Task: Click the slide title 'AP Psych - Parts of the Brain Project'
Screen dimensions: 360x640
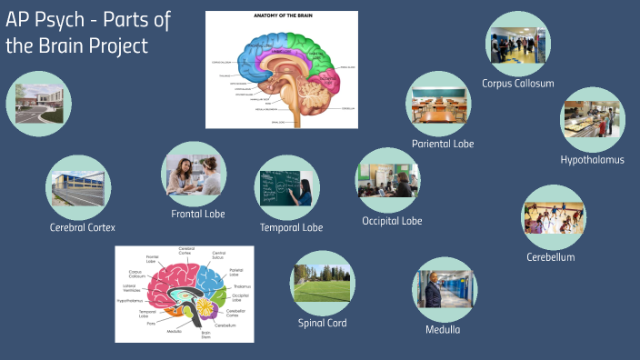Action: (88, 34)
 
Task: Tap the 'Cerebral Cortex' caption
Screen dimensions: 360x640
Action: (83, 227)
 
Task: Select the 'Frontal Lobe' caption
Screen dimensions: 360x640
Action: (198, 214)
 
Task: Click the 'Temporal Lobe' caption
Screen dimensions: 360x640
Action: (291, 227)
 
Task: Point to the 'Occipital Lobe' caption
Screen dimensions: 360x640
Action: (392, 220)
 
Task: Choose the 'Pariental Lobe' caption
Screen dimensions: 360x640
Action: (443, 144)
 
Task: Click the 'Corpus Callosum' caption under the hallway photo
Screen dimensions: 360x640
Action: (518, 84)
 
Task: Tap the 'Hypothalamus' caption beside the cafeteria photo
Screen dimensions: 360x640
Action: (593, 160)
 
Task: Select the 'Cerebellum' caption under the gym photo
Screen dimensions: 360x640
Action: (551, 257)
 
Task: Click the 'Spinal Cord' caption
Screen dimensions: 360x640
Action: (323, 323)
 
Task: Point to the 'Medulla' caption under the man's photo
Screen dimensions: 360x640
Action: (443, 329)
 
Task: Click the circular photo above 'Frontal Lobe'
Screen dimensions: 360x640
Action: (194, 173)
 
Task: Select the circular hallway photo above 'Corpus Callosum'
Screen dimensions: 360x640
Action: (518, 42)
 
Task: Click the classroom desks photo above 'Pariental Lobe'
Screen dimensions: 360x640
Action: (438, 104)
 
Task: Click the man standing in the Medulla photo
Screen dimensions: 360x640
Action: (435, 291)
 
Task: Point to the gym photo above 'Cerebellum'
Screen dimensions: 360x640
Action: (553, 217)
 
